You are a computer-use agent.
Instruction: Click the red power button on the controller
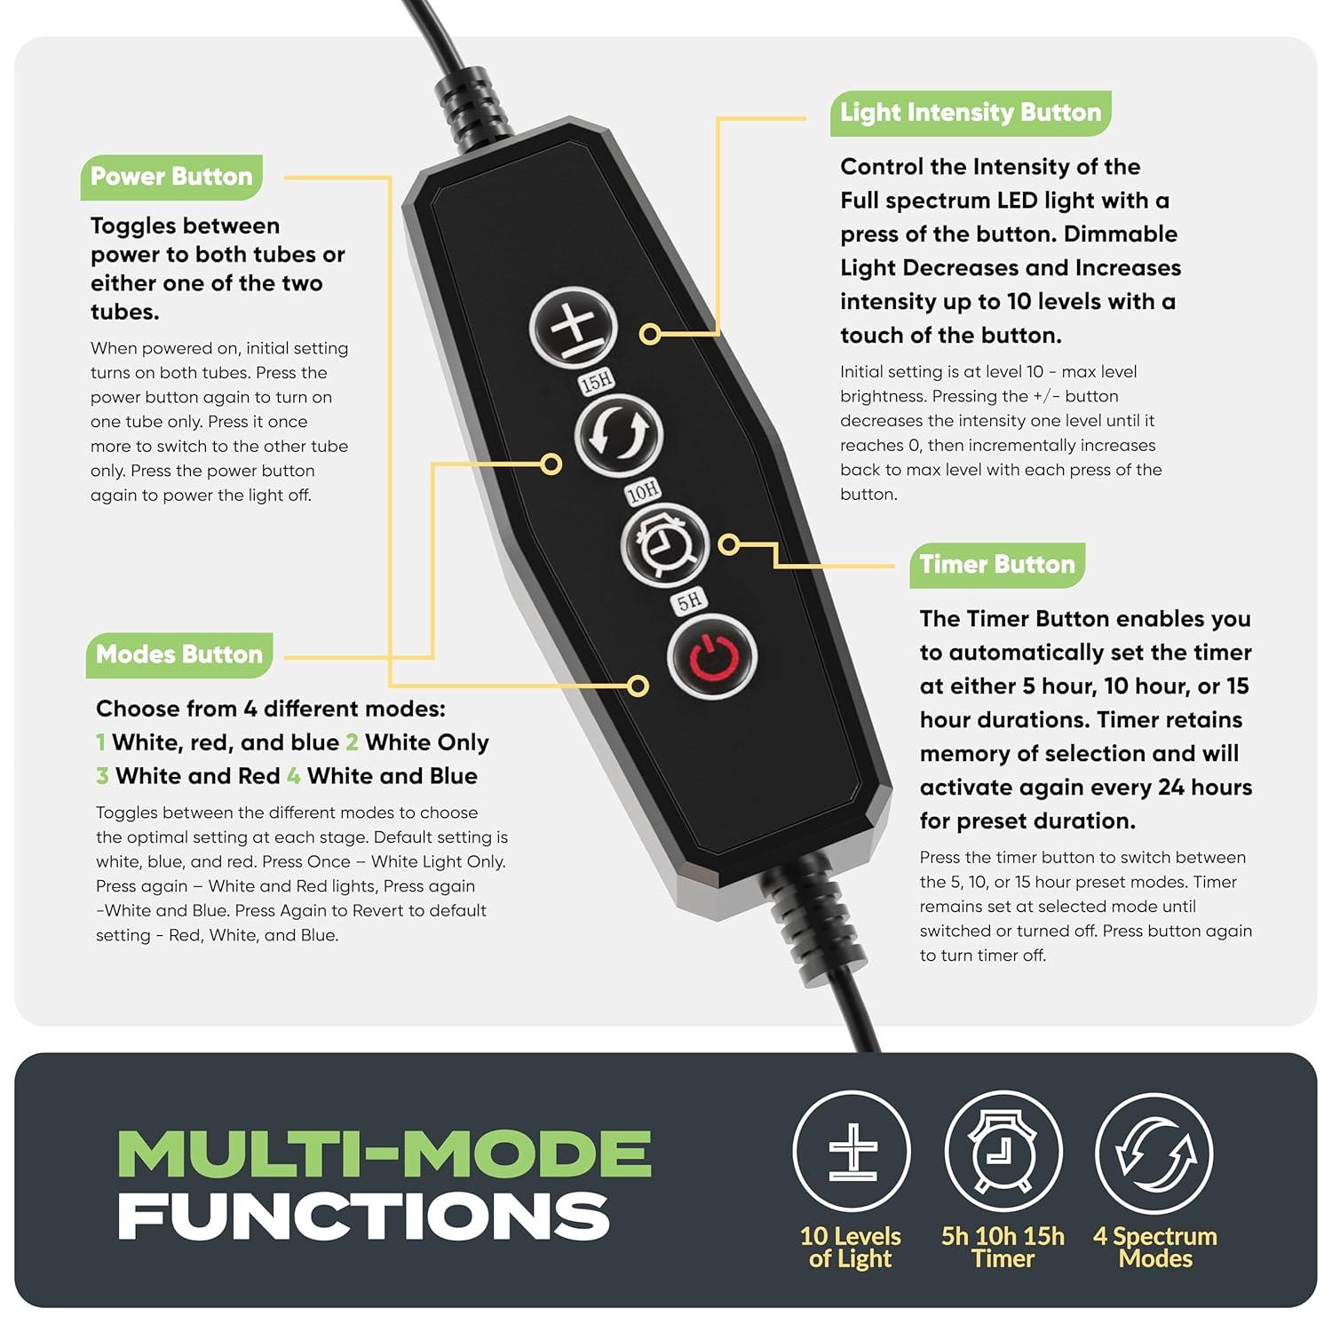click(x=711, y=656)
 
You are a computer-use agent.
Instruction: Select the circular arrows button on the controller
click(x=619, y=436)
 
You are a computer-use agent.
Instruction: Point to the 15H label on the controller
click(x=597, y=382)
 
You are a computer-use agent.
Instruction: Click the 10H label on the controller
click(x=643, y=491)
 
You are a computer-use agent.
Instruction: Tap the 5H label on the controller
click(x=689, y=601)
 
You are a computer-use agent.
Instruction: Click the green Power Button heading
click(x=171, y=177)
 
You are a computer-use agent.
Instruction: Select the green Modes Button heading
click(x=179, y=654)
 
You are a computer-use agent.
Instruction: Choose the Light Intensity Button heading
click(x=971, y=113)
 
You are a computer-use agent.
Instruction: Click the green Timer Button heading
click(x=997, y=565)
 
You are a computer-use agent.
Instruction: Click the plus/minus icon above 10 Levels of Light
click(x=852, y=1151)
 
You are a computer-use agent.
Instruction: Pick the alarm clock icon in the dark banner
click(x=1003, y=1151)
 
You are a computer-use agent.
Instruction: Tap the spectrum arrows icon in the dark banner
click(x=1154, y=1151)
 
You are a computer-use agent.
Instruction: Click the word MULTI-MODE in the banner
click(x=385, y=1154)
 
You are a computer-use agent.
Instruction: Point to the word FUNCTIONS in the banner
click(x=363, y=1216)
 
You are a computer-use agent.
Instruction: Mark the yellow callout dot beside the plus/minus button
click(x=650, y=334)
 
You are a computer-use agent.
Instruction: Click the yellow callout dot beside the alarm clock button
click(x=729, y=544)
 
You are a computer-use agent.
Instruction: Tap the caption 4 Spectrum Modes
click(x=1154, y=1247)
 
